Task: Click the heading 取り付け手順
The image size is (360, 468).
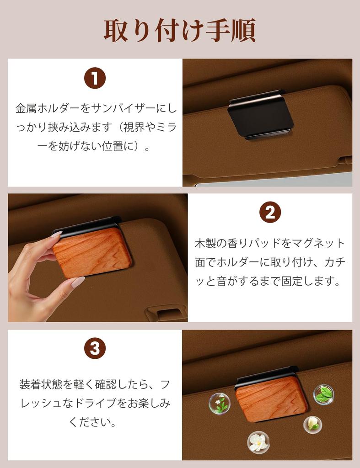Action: pos(179,31)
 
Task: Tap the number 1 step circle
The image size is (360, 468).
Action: pos(95,79)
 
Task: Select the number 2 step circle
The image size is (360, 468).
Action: pos(270,213)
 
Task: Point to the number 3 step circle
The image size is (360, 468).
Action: pos(95,349)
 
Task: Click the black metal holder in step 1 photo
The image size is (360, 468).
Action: pos(260,114)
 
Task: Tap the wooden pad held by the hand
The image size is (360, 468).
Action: pos(93,253)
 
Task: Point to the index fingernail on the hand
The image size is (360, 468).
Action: pos(56,234)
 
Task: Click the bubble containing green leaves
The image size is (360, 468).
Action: pos(323,394)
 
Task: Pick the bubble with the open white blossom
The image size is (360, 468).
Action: pos(258,442)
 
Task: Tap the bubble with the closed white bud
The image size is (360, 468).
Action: pos(312,424)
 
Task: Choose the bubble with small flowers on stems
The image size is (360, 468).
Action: pos(219,403)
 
